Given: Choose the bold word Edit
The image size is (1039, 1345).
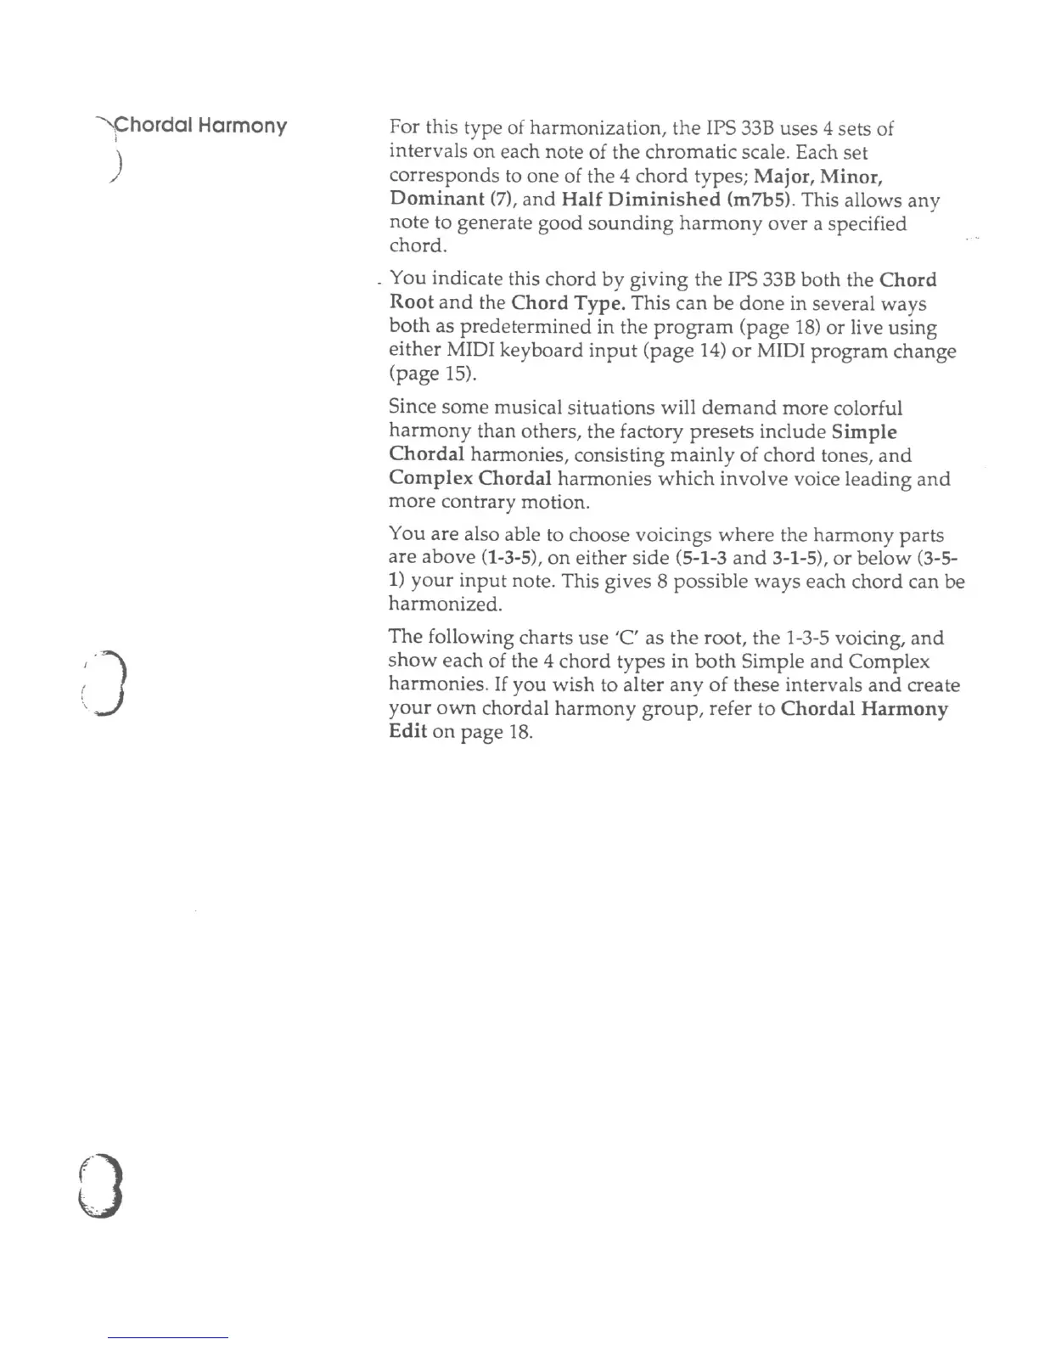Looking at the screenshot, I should click(x=407, y=732).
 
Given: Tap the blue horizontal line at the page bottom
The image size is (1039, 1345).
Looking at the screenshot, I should click(x=169, y=1338).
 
